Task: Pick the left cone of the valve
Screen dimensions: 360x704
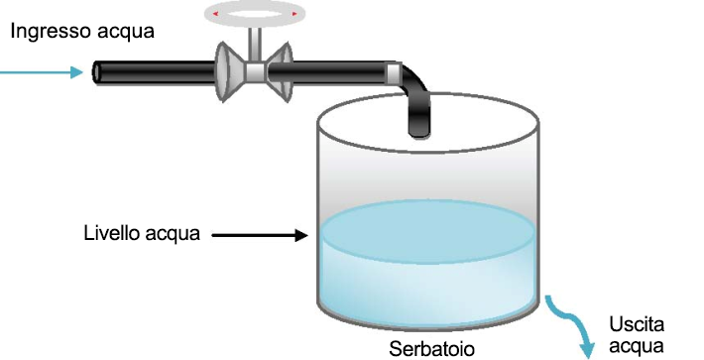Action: pos(229,73)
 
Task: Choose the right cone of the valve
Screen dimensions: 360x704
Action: pos(282,72)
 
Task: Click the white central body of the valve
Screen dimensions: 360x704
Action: pos(255,72)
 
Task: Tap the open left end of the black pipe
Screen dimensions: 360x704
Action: pos(99,72)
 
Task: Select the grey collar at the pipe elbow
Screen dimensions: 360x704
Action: pos(395,71)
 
